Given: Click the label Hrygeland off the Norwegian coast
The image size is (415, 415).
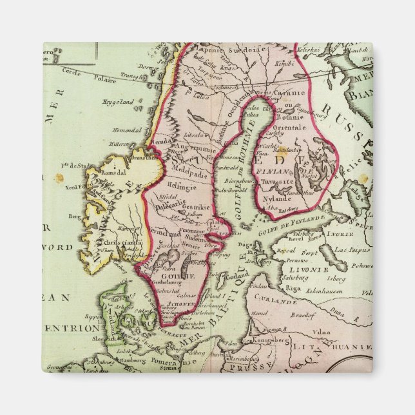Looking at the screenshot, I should pos(117,101).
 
